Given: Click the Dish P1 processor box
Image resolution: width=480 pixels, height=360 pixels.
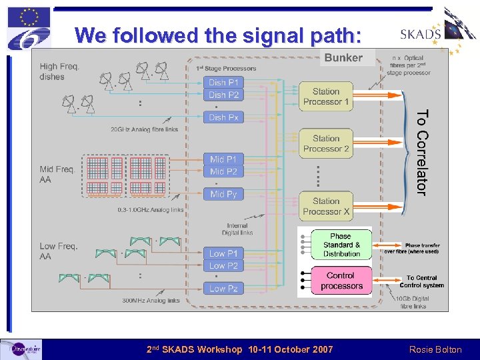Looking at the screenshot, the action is (x=223, y=83).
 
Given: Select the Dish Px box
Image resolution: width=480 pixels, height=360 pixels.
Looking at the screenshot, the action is (x=223, y=117).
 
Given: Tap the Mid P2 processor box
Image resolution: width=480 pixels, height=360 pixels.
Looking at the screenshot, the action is (x=223, y=171).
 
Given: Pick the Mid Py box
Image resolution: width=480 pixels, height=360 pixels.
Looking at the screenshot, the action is (x=223, y=194).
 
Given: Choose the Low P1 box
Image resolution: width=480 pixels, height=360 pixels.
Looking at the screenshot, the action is (x=223, y=253).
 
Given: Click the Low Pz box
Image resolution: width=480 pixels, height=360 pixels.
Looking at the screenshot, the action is (x=223, y=289).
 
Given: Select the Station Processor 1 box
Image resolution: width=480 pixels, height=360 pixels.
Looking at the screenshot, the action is (x=326, y=97).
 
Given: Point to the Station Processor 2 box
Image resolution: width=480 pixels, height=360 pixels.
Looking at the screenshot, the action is (x=326, y=144).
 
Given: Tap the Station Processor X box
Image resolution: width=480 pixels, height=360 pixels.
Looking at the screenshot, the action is (x=326, y=206).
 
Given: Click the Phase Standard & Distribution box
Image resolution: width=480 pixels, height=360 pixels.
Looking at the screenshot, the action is (x=341, y=245).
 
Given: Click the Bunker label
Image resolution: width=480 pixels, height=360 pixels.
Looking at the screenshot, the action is (x=343, y=58).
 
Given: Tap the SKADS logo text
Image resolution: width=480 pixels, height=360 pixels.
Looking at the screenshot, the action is (x=420, y=35).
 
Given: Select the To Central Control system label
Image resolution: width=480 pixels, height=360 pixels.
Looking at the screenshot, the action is (x=421, y=281).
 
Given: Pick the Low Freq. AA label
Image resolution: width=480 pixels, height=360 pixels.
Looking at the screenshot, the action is (x=58, y=251).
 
